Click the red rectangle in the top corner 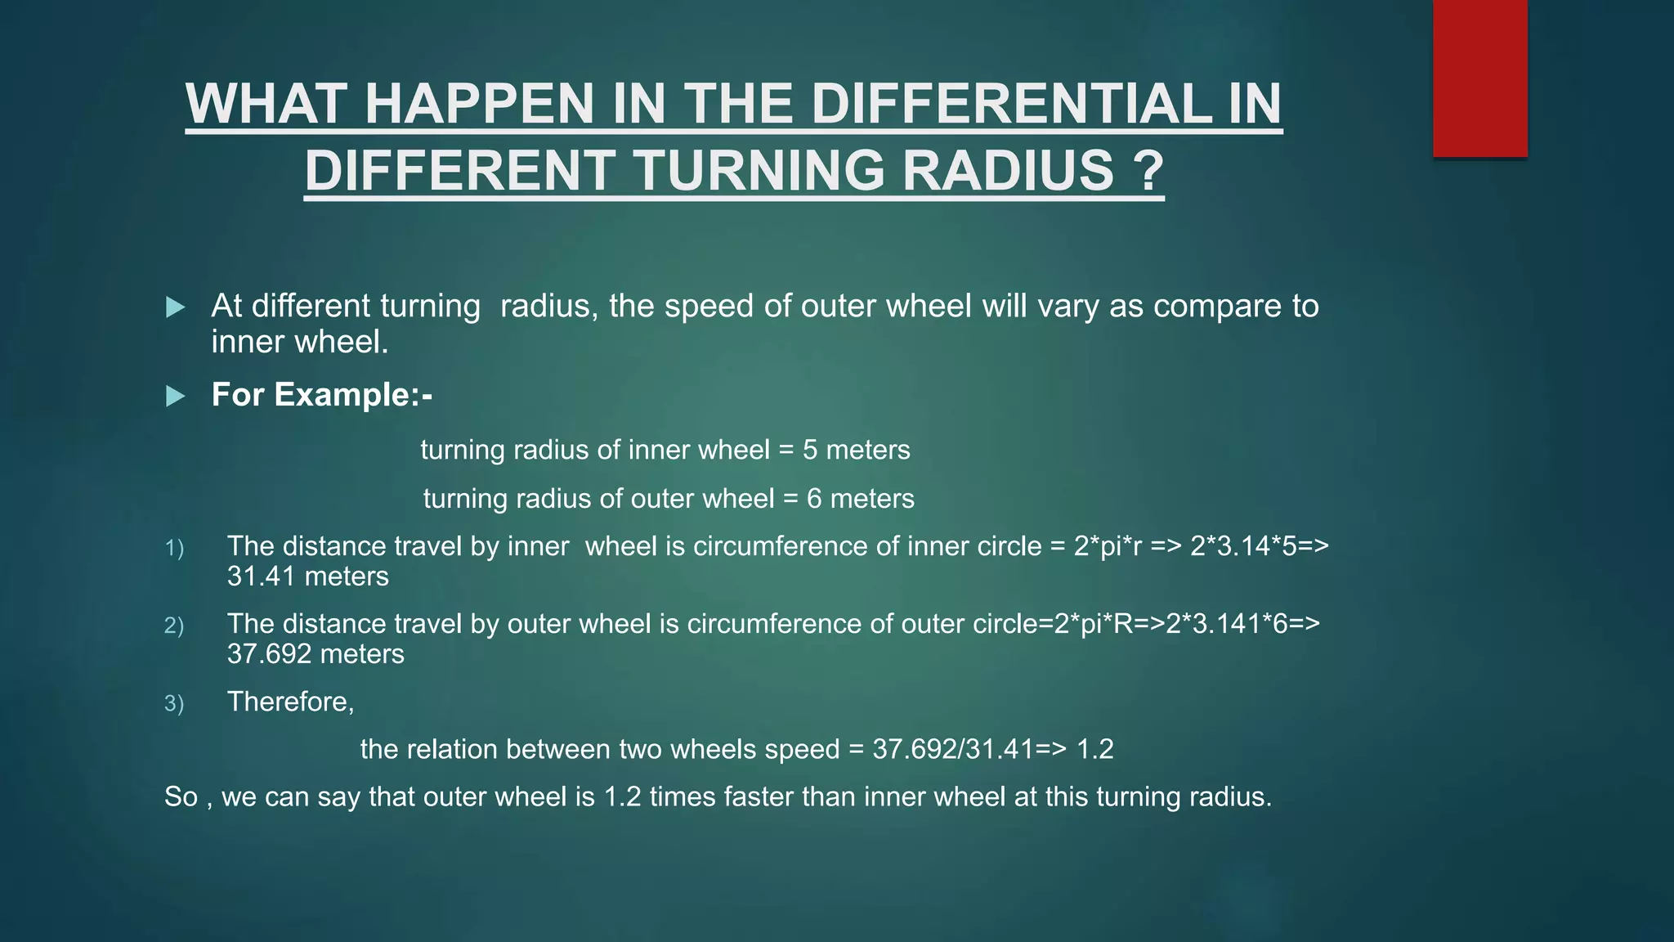[x=1479, y=78]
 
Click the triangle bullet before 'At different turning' [x=175, y=307]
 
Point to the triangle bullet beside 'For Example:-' [x=175, y=397]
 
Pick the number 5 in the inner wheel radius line [x=809, y=450]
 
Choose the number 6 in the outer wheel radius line [x=814, y=499]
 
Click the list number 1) [x=174, y=548]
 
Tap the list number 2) [x=174, y=626]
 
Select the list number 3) [x=174, y=703]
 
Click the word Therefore [x=289, y=702]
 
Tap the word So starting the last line [x=181, y=796]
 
